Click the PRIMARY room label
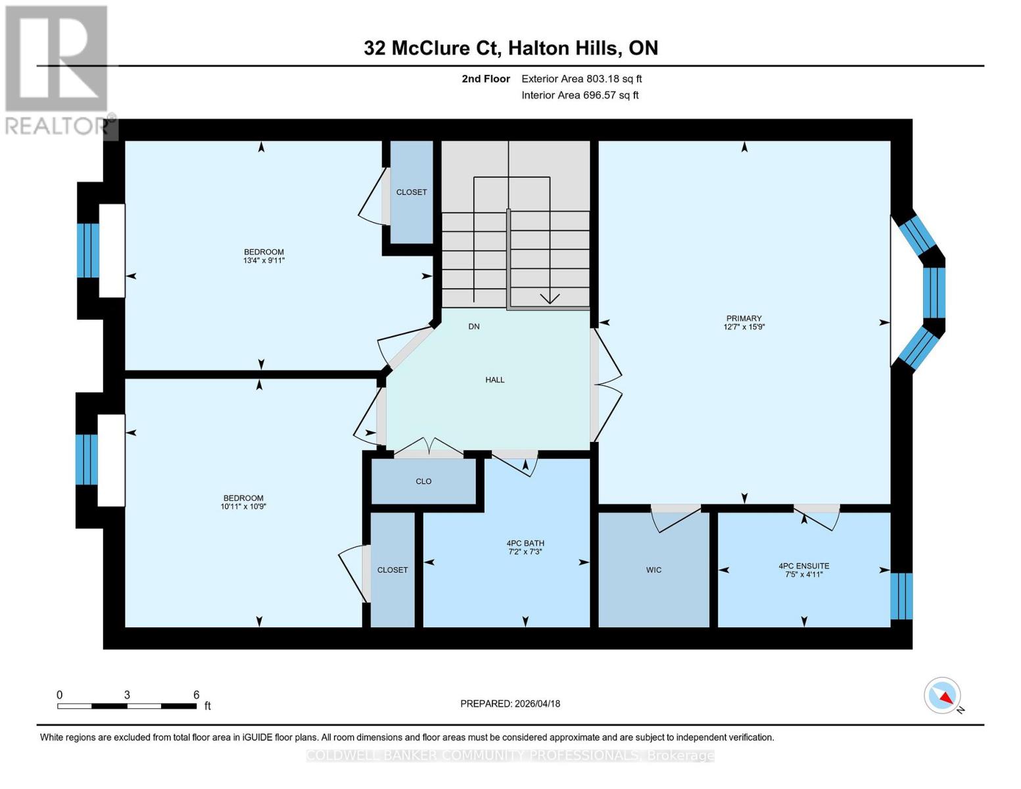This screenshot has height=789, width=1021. point(744,318)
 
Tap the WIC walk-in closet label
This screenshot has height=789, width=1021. point(653,570)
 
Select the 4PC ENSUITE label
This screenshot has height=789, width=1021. point(803,566)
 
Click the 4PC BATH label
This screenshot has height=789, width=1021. point(525,543)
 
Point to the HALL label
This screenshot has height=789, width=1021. point(495,380)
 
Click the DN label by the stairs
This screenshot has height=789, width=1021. point(474,327)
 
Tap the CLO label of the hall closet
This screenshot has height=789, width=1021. point(423,481)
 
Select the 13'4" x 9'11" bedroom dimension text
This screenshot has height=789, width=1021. point(264,261)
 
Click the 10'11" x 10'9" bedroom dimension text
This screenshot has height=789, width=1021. point(243,507)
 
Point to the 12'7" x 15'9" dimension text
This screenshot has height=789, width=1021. point(744,327)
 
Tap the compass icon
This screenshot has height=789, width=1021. point(943,696)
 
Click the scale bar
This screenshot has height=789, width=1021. point(127,706)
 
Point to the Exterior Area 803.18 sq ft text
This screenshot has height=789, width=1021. point(581,79)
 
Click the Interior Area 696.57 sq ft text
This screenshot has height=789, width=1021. point(580,95)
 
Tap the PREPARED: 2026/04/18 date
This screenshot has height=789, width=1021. point(510,704)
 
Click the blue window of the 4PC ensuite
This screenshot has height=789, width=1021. point(901,596)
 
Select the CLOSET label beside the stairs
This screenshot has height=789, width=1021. point(412,192)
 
